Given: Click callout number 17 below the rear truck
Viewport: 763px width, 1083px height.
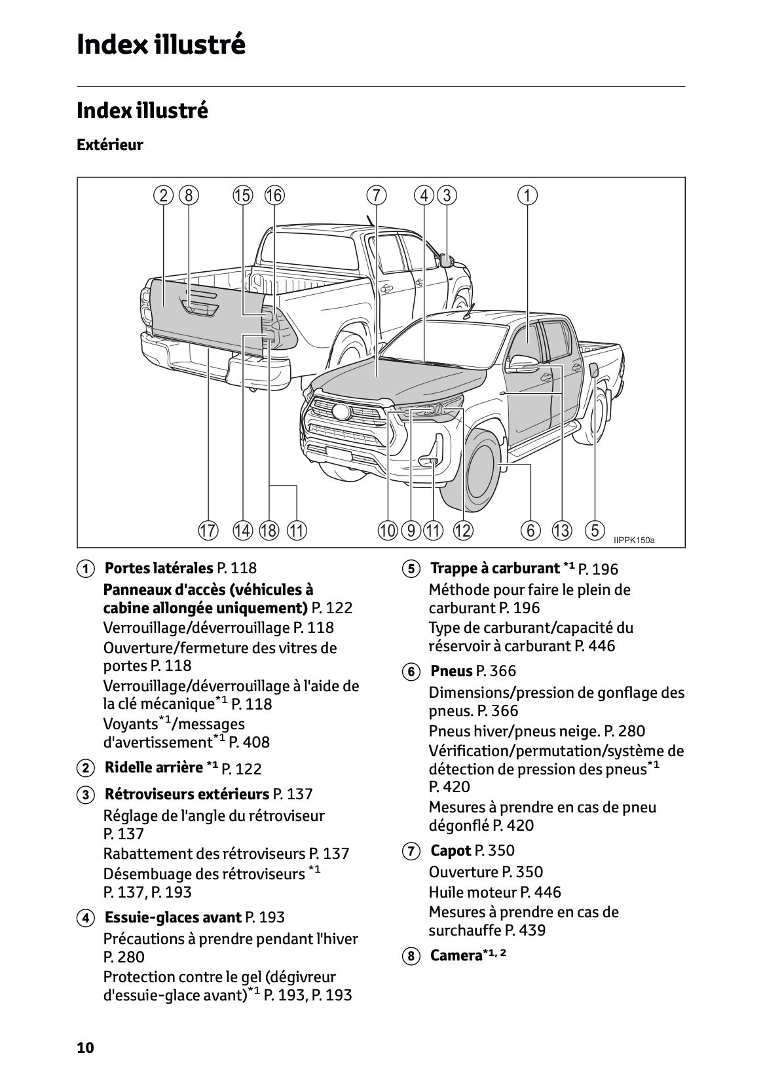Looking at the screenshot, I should (208, 530).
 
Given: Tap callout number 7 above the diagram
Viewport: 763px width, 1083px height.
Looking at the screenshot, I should (376, 195).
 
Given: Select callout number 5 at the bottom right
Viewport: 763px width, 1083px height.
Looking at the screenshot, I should (594, 529).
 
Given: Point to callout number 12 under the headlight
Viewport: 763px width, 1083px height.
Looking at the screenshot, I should (462, 530).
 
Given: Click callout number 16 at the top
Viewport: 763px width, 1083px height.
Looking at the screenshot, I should (274, 195).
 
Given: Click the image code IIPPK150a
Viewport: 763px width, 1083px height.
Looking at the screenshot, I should (633, 541).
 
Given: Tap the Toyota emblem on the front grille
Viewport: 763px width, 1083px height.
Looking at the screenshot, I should (341, 412).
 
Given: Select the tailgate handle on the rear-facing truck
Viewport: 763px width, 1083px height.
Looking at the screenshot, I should (200, 306).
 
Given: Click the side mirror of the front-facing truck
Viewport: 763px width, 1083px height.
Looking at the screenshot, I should (524, 362).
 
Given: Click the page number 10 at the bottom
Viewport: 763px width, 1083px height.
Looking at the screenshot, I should (85, 1047).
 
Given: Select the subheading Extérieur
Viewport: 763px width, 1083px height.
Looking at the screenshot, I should (109, 145).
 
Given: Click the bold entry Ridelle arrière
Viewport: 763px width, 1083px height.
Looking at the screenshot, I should (154, 767).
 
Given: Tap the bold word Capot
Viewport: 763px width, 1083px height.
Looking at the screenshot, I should (451, 850).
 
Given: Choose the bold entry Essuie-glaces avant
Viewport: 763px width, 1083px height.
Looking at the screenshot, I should (173, 917).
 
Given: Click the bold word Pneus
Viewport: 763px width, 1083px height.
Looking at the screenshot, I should (451, 671).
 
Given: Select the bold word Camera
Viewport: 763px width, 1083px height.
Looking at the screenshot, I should (456, 955).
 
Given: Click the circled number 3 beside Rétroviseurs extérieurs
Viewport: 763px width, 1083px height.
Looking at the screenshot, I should (84, 795).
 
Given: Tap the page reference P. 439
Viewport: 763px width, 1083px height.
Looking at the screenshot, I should (525, 930).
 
